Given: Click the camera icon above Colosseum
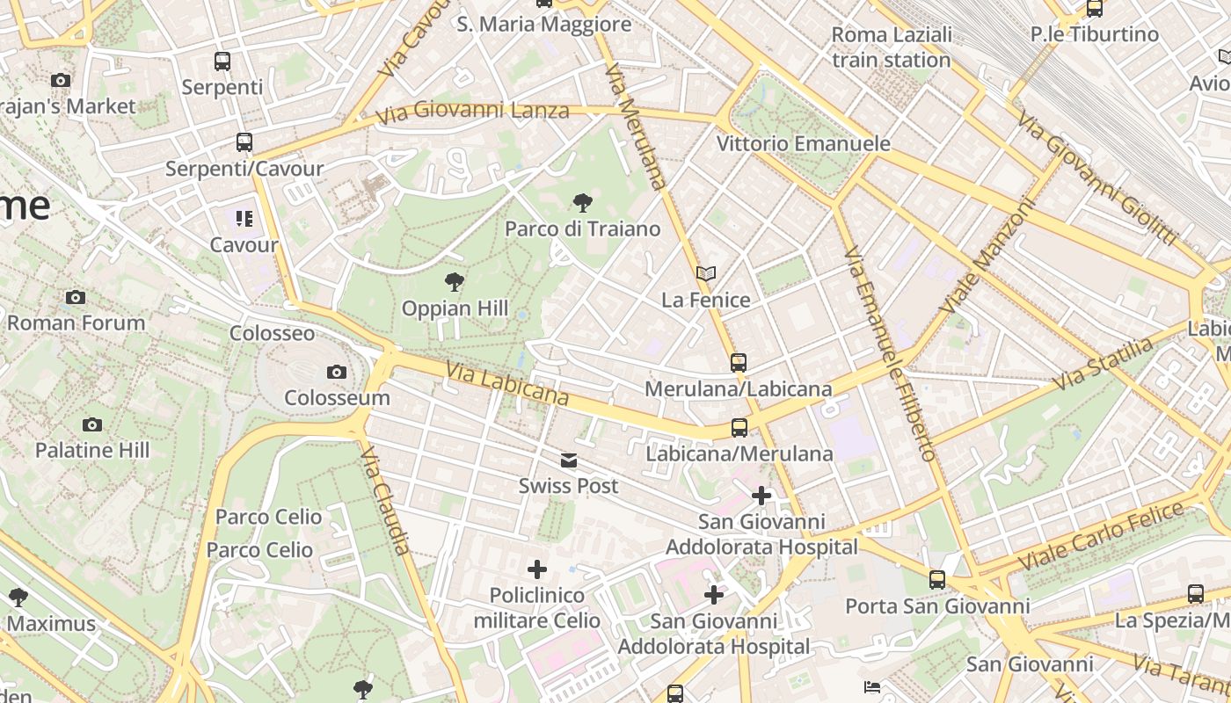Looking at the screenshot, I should coord(336,373).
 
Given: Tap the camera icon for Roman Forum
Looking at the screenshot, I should coord(76,297).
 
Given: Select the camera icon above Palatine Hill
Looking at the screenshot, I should coord(92,425).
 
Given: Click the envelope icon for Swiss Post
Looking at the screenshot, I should coord(569,460).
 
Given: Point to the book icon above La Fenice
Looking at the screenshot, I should coord(706,273).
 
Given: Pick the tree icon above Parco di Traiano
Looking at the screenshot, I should coord(582,204).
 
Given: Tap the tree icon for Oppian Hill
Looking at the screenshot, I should coord(455,282).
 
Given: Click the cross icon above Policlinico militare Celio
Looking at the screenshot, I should coord(537,569).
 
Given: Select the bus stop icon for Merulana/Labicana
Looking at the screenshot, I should coord(739,362).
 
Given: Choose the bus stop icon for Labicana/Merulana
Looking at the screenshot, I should coord(739,428).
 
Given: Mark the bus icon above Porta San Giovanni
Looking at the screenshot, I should coord(937,580).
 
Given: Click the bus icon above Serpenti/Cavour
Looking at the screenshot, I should coord(244,141).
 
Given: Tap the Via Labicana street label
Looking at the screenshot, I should coord(507,385).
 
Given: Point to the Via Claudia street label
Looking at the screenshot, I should coord(386,502).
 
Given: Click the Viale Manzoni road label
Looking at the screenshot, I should coord(988,257).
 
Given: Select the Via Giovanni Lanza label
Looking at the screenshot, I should coord(472,112).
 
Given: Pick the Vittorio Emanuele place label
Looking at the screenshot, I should coord(804,143).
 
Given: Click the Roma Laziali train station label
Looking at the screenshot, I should coord(892,47).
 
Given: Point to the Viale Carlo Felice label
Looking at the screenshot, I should coord(1100,536).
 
